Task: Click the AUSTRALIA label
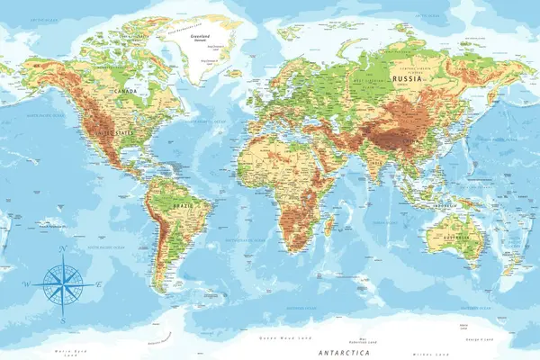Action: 448,238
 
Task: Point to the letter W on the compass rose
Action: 25,285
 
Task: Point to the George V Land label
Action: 474,338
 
